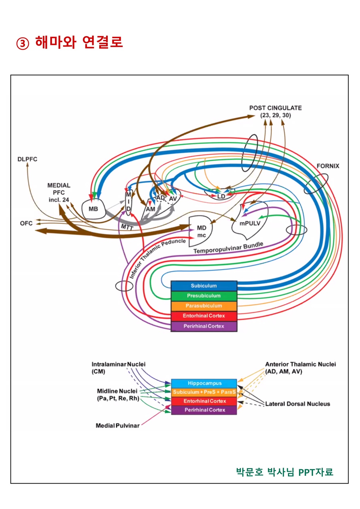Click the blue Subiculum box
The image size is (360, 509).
pyautogui.click(x=204, y=286)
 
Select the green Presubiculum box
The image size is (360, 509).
pyautogui.click(x=204, y=296)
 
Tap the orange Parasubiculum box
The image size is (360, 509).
pyautogui.click(x=204, y=306)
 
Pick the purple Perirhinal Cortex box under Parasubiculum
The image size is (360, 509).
pyautogui.click(x=204, y=326)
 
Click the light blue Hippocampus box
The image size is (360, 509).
pyautogui.click(x=204, y=383)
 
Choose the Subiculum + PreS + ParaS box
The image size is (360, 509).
pyautogui.click(x=204, y=392)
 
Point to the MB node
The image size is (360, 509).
pyautogui.click(x=93, y=209)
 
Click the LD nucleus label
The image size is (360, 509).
pyautogui.click(x=221, y=197)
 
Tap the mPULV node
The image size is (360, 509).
pyautogui.click(x=250, y=223)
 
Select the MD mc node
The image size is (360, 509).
pyautogui.click(x=201, y=232)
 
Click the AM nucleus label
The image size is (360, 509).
pyautogui.click(x=151, y=209)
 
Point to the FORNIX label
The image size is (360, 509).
pyautogui.click(x=327, y=166)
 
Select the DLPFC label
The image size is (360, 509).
pyautogui.click(x=27, y=159)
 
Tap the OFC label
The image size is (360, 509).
pyautogui.click(x=26, y=223)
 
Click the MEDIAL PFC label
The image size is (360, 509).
pyautogui.click(x=59, y=192)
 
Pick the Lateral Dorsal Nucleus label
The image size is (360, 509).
pyautogui.click(x=297, y=404)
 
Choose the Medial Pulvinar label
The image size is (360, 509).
pyautogui.click(x=117, y=426)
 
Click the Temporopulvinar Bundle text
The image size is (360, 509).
pyautogui.click(x=228, y=248)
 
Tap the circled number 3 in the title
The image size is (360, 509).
pyautogui.click(x=23, y=43)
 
